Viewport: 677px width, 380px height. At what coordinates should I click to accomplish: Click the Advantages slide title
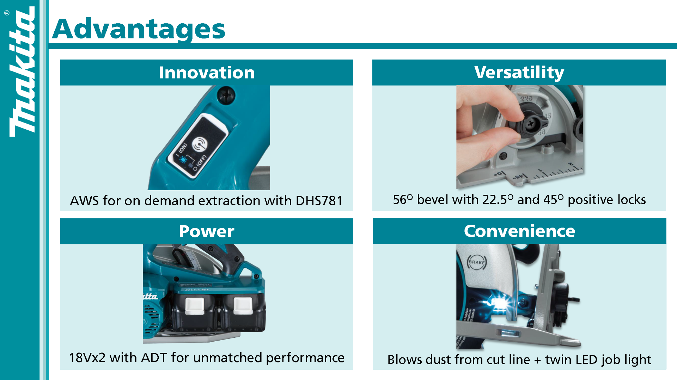(x=139, y=29)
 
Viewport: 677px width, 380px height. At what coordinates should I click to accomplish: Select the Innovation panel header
(x=207, y=73)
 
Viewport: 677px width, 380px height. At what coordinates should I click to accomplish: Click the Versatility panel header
(x=519, y=73)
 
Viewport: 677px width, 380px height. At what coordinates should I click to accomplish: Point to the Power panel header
(x=207, y=231)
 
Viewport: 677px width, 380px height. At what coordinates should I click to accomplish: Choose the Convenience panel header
(x=519, y=231)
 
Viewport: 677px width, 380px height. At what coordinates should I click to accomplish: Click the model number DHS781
(x=319, y=201)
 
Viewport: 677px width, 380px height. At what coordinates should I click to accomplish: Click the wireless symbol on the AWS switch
(x=200, y=144)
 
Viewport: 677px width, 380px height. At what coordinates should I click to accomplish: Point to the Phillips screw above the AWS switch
(x=226, y=96)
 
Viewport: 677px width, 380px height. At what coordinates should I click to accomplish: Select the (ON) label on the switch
(x=183, y=148)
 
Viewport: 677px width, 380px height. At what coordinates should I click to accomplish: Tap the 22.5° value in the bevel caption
(x=498, y=200)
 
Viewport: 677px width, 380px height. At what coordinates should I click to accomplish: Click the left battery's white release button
(x=195, y=306)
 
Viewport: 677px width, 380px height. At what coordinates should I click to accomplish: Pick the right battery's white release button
(x=243, y=306)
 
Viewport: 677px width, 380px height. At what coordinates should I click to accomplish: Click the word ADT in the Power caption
(x=154, y=358)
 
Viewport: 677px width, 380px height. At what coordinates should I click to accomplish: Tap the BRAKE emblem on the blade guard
(x=477, y=262)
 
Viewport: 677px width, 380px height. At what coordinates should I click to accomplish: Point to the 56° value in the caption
(x=403, y=200)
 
